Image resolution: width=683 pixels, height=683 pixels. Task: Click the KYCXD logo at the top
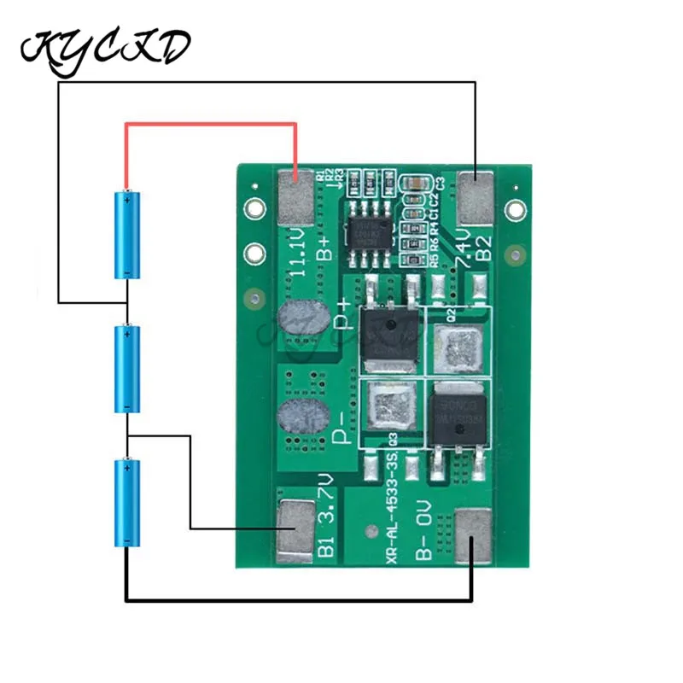[x=104, y=48]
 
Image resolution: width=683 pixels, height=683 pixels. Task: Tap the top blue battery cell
[x=127, y=234]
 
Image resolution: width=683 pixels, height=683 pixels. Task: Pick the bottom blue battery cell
[x=127, y=505]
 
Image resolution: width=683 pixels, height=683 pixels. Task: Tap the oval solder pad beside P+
[x=303, y=322]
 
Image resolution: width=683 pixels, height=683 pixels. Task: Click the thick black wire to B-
[x=299, y=600]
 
